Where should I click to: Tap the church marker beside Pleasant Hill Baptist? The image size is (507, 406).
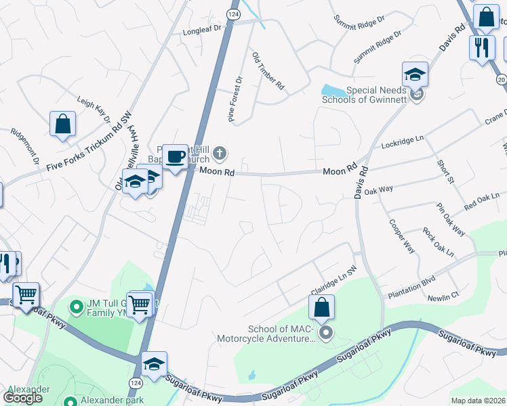coord(220,154)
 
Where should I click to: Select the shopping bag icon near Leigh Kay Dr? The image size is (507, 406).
coord(62,124)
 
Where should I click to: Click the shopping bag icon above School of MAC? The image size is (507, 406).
coord(322,307)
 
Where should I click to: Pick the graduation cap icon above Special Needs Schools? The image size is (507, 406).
coord(415,74)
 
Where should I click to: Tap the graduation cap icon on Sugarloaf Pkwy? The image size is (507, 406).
coord(154,364)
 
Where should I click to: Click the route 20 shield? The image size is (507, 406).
coord(502,80)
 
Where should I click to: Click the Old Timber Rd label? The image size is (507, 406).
coord(268,70)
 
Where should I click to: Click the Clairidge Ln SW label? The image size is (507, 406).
coord(334,279)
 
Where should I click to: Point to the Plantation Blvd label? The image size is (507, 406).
coord(410,290)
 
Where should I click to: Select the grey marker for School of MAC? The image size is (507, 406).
coord(326,332)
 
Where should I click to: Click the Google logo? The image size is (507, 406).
coord(23,397)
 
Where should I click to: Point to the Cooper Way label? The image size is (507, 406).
coord(401,235)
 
